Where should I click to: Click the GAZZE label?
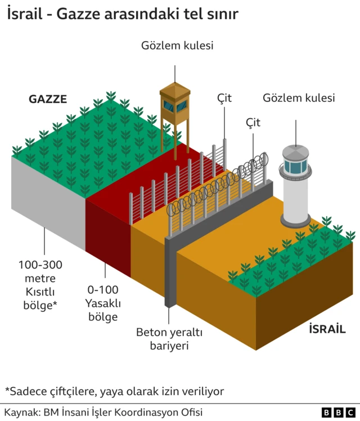click(x=48, y=100)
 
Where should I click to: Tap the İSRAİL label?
click(x=327, y=329)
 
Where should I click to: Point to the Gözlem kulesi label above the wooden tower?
click(x=177, y=46)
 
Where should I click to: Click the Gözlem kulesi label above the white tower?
click(x=299, y=98)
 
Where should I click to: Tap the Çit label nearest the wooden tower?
click(x=224, y=98)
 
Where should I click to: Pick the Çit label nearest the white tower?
click(x=253, y=122)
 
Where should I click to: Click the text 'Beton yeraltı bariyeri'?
click(x=169, y=338)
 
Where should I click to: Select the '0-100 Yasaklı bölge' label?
click(x=102, y=303)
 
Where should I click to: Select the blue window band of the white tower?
click(x=295, y=167)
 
